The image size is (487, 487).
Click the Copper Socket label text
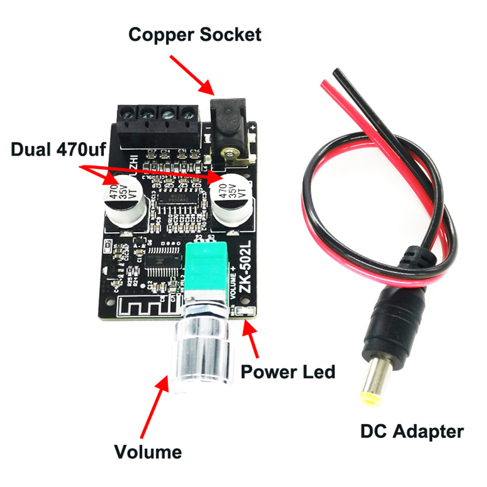[x=194, y=35]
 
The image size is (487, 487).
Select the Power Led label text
[x=288, y=372]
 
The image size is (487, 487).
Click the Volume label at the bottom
[x=148, y=452]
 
